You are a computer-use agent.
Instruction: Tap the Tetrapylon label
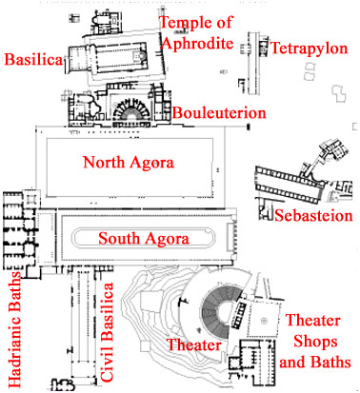(305, 47)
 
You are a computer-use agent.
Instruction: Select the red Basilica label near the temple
(33, 60)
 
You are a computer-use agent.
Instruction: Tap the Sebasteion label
(313, 216)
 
